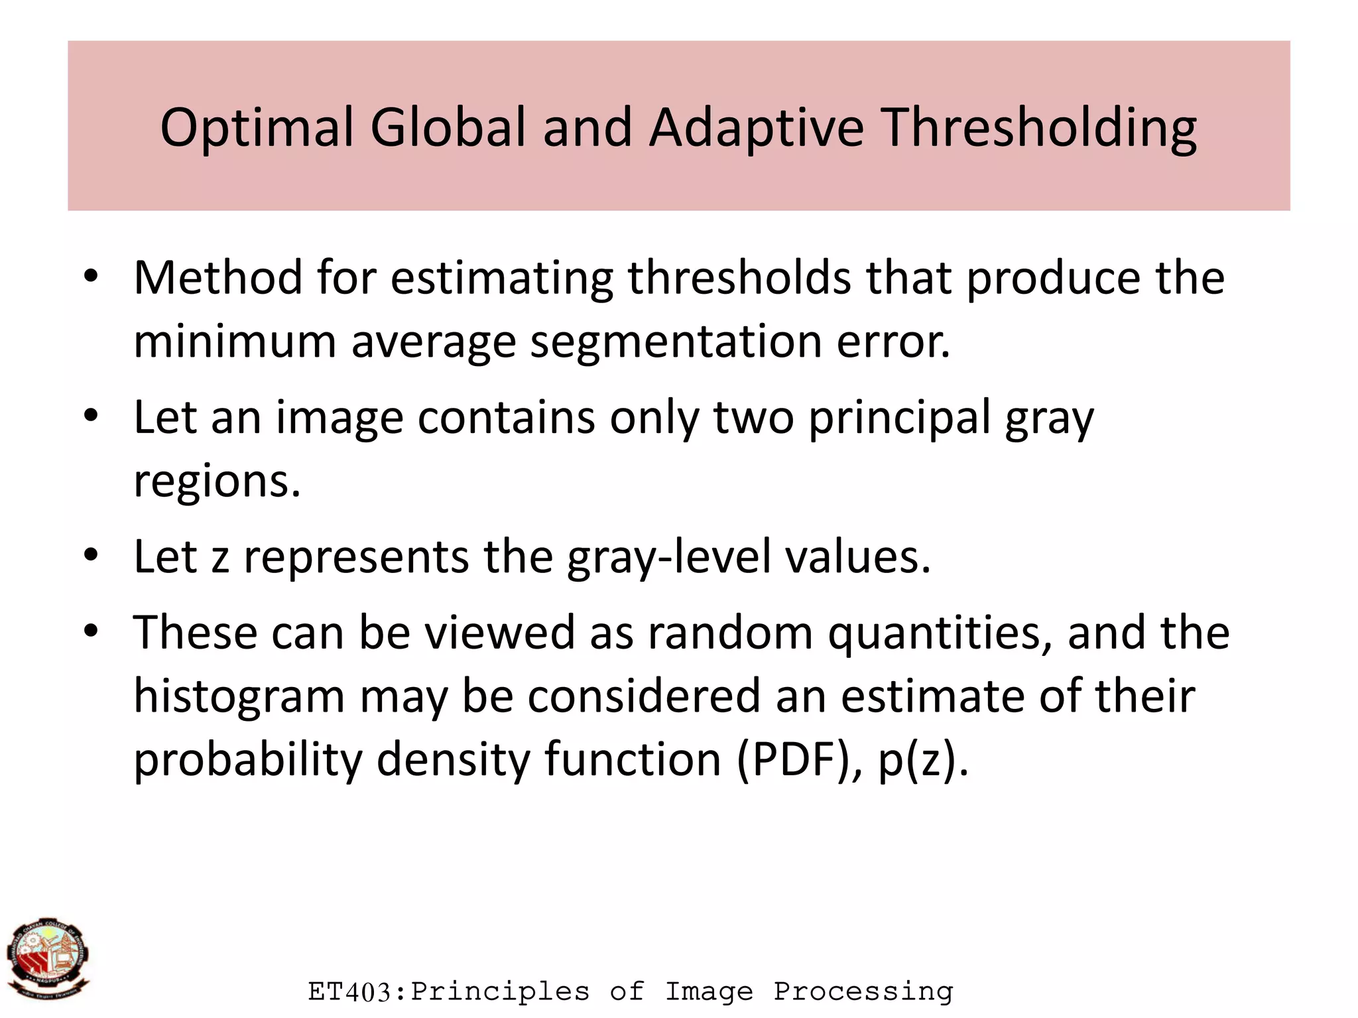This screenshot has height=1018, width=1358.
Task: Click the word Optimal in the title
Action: point(257,127)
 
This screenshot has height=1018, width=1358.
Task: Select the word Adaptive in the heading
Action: point(757,127)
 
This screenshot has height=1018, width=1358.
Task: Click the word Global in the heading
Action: point(448,127)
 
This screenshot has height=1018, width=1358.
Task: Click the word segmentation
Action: point(676,342)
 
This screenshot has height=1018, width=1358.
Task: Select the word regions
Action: point(217,481)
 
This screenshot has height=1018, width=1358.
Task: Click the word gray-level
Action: point(669,557)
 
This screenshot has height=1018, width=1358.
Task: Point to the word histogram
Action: point(239,696)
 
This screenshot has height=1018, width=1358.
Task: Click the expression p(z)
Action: point(923,759)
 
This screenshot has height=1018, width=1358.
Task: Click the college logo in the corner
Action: point(48,958)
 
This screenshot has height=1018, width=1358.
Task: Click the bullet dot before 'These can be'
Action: point(92,631)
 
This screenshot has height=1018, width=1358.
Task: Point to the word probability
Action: point(248,759)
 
